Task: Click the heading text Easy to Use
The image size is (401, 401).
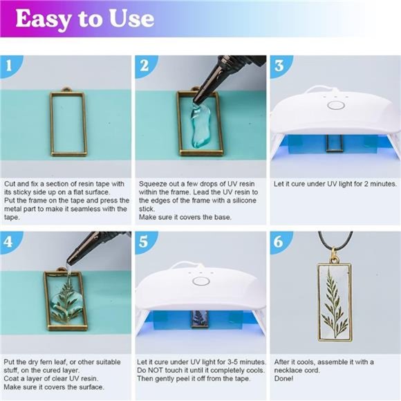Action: click(x=84, y=19)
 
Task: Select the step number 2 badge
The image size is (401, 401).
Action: click(x=144, y=66)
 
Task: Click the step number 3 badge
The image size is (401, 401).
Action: click(x=279, y=66)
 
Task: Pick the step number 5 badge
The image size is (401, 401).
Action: click(x=144, y=243)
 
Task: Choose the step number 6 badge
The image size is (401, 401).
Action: click(x=279, y=243)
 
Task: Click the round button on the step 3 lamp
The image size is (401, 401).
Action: click(x=336, y=106)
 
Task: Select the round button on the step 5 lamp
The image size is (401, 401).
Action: click(x=201, y=281)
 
